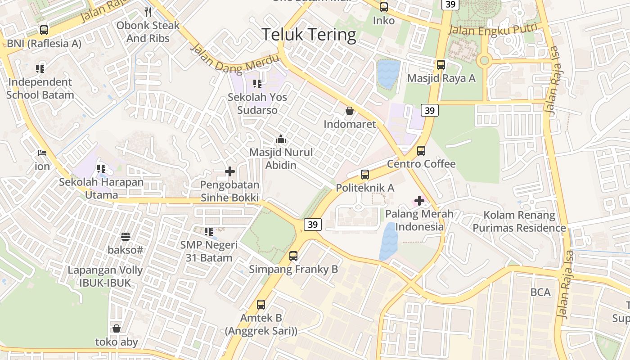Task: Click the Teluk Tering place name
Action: [309, 35]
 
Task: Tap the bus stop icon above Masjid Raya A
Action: [441, 64]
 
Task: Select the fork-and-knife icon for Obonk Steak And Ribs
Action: [148, 12]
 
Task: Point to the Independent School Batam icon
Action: [40, 69]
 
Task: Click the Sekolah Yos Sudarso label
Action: [257, 103]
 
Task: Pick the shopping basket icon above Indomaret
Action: [350, 110]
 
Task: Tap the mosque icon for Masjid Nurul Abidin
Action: [281, 139]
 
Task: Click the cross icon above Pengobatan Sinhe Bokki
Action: [230, 171]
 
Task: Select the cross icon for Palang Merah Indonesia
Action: [419, 201]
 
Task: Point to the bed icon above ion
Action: [42, 153]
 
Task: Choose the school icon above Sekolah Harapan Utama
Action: [101, 169]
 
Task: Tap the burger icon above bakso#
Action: [126, 236]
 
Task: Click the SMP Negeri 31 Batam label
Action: [209, 252]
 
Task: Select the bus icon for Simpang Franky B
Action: [293, 256]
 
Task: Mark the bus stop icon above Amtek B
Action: [261, 305]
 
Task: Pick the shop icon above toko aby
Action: [117, 328]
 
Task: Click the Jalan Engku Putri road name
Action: [493, 30]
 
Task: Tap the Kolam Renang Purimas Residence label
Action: [519, 221]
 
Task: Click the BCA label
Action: [540, 292]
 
